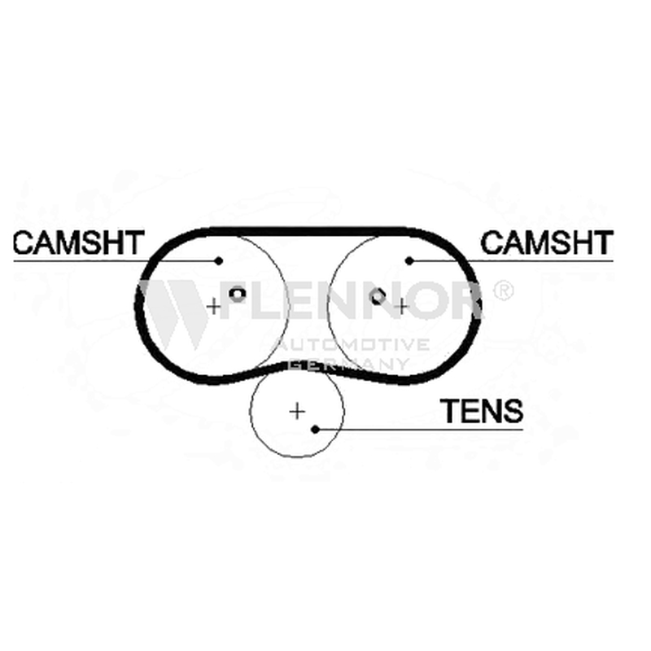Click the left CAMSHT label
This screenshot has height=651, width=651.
click(78, 242)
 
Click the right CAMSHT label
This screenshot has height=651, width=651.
click(547, 242)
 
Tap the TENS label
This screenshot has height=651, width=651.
click(482, 411)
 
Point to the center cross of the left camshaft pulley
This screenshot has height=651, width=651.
click(214, 307)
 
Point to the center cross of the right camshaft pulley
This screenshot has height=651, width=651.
click(402, 307)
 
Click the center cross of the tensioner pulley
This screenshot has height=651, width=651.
click(297, 412)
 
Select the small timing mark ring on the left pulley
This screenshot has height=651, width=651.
click(238, 295)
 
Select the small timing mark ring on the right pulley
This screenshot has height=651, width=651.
click(377, 296)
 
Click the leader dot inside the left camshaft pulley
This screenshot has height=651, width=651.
click(219, 260)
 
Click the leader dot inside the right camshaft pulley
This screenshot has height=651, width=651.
click(409, 260)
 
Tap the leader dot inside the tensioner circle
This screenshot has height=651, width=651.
click(315, 430)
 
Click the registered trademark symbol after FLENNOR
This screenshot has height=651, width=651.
click(502, 291)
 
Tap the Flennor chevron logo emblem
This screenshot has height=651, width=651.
click(174, 313)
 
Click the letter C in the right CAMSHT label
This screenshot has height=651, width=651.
click(492, 242)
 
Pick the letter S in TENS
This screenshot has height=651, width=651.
click(512, 411)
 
